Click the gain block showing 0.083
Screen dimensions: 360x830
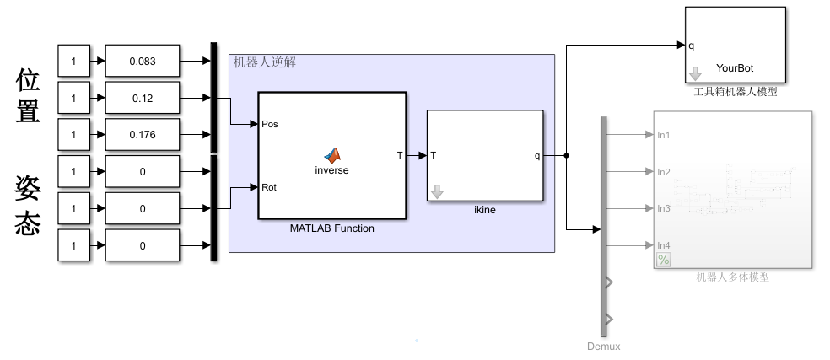point(143,62)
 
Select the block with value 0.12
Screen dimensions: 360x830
point(143,99)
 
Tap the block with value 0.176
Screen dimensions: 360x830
point(143,135)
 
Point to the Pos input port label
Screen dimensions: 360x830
point(271,124)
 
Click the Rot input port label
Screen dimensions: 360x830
point(270,187)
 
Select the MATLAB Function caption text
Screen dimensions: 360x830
point(331,228)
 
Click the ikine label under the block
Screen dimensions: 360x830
point(484,210)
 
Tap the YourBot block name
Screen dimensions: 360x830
point(734,68)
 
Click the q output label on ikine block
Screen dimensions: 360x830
point(537,155)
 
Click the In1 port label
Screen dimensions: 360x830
point(664,134)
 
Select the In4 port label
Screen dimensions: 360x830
point(664,245)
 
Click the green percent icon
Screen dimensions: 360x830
point(664,260)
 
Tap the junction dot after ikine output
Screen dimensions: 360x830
point(566,155)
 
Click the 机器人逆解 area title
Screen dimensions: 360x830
point(264,62)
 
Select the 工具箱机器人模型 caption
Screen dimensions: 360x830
point(736,91)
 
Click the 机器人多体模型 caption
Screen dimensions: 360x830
point(732,277)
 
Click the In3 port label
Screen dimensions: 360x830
point(664,208)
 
